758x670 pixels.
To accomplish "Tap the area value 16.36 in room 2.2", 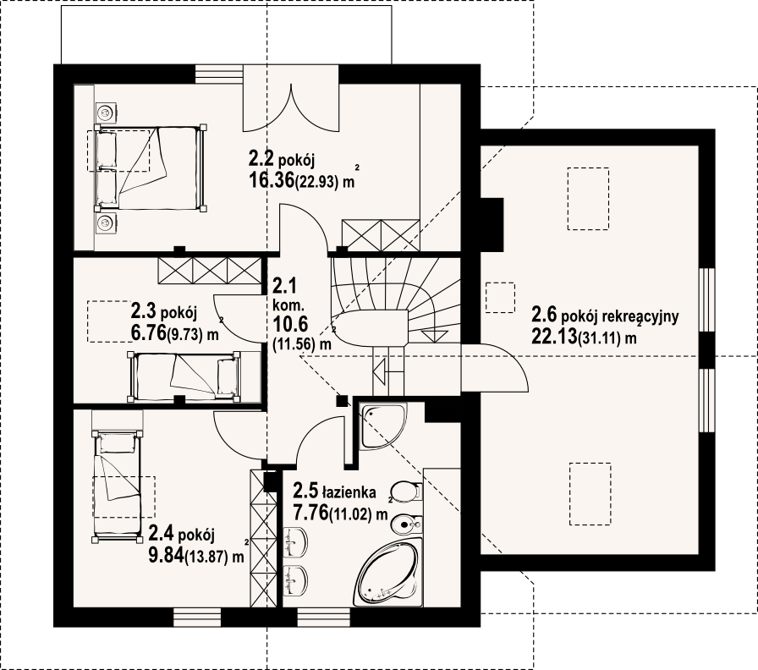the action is (272, 180).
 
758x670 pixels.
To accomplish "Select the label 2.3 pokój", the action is (164, 312).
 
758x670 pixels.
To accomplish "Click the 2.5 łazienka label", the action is (334, 492).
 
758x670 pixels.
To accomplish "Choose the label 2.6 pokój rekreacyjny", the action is (605, 316).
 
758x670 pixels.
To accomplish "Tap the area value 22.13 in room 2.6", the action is (554, 336).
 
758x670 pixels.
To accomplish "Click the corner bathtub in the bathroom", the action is (387, 574).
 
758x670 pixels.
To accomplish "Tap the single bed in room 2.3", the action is (184, 376).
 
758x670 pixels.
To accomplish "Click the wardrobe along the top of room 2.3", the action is (209, 271).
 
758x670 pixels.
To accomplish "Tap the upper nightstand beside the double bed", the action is (105, 113).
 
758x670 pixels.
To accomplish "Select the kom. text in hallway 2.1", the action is (288, 305).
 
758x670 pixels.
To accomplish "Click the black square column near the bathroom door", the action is (343, 400).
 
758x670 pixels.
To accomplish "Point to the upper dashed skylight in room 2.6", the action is (588, 198).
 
